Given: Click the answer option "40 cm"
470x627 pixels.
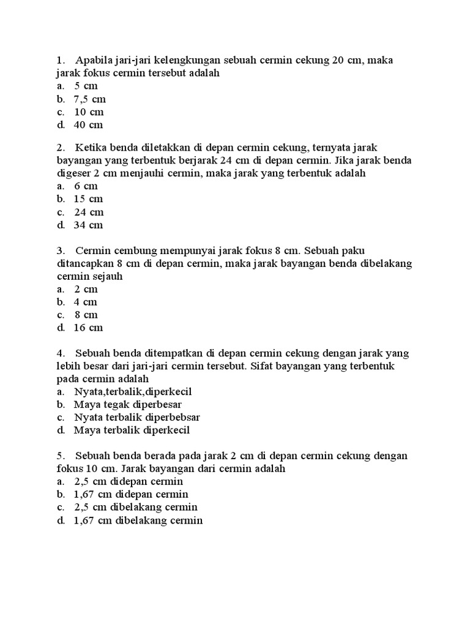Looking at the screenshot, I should coord(88,125).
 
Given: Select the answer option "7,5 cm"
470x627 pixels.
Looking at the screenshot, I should coord(90,99).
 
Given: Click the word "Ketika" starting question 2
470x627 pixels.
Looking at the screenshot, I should coord(92,148).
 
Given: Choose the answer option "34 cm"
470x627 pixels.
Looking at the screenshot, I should coord(88,225).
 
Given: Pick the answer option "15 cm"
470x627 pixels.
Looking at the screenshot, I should coord(88,199).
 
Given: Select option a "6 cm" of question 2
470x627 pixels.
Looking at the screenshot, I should coord(86,186).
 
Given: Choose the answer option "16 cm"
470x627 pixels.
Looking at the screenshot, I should coord(88,328).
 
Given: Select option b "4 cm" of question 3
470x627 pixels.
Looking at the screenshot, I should coord(86,302).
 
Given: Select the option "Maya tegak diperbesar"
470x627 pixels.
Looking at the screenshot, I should coord(127,405).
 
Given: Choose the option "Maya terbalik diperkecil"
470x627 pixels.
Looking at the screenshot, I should coord(132,430).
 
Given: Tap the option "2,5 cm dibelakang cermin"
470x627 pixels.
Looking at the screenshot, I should coord(135,507).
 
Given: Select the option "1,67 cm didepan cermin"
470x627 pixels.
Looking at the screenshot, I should coord(131,494).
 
